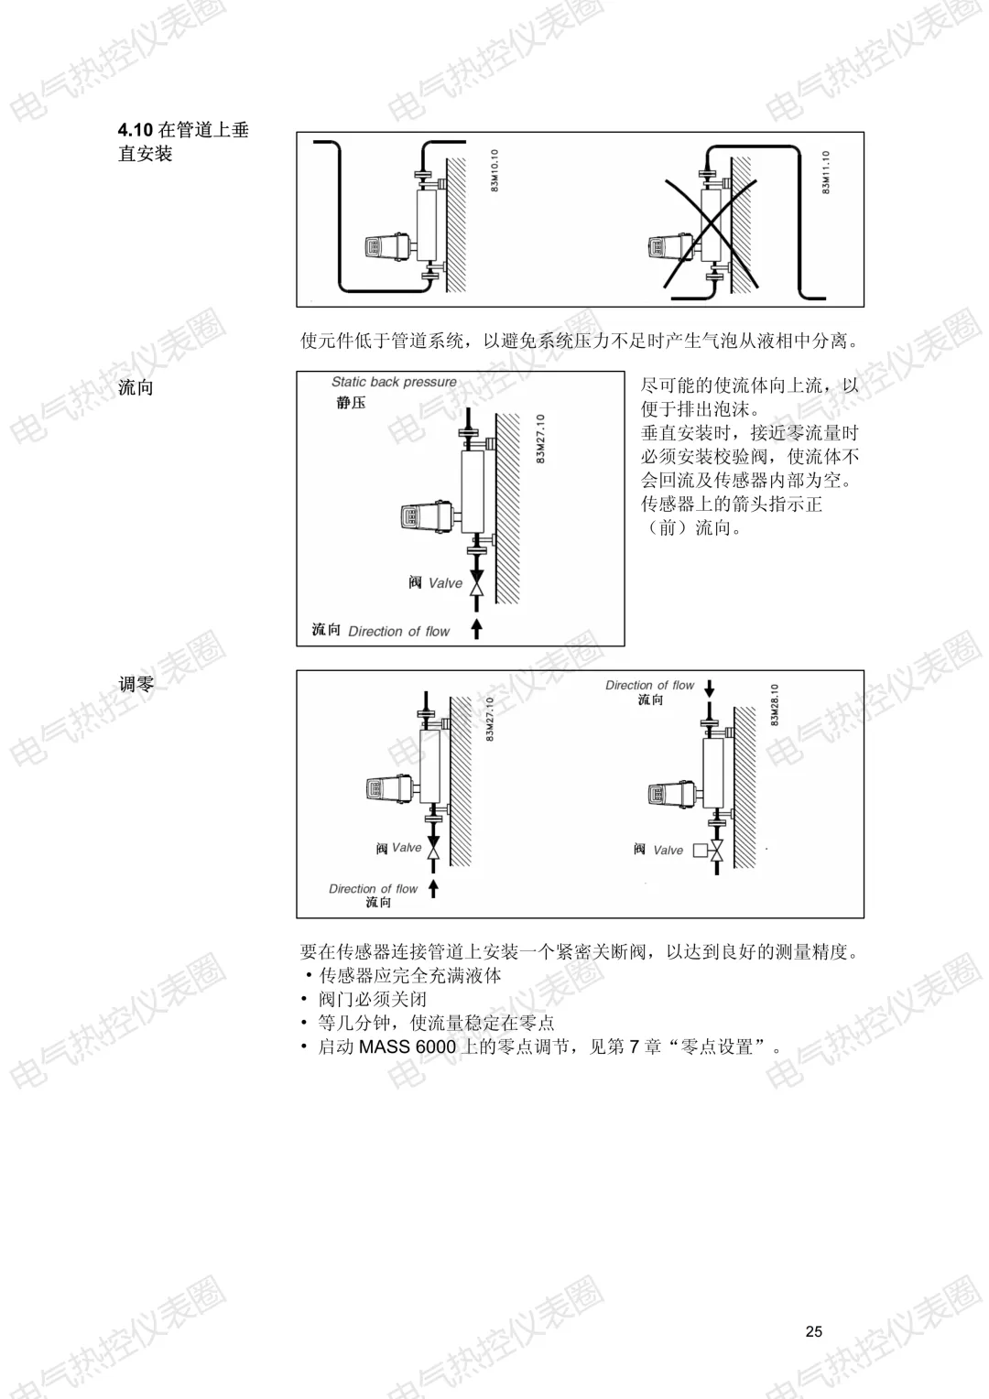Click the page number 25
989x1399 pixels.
[814, 1331]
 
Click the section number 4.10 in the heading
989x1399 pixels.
[136, 130]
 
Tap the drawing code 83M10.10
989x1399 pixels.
[494, 170]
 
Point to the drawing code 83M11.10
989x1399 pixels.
[826, 173]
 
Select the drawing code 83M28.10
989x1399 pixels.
[775, 705]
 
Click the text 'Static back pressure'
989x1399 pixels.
[394, 382]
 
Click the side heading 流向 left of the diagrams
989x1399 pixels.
[136, 387]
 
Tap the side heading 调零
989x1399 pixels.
[136, 683]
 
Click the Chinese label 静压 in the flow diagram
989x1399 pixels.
[350, 403]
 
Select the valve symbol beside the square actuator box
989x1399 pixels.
[716, 850]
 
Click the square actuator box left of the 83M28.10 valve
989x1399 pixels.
[700, 850]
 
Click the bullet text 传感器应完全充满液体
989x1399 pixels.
[409, 975]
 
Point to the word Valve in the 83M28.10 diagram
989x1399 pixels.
[668, 851]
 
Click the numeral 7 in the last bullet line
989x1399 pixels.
[634, 1047]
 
